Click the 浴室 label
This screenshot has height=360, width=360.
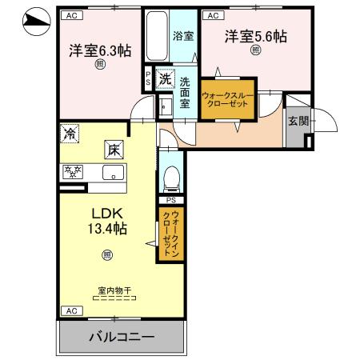(183, 36)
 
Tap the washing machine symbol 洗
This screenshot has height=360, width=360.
(164, 78)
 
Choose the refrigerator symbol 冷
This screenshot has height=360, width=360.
(70, 134)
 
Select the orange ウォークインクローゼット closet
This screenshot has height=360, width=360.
(171, 234)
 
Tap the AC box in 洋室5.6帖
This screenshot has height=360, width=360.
(213, 15)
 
